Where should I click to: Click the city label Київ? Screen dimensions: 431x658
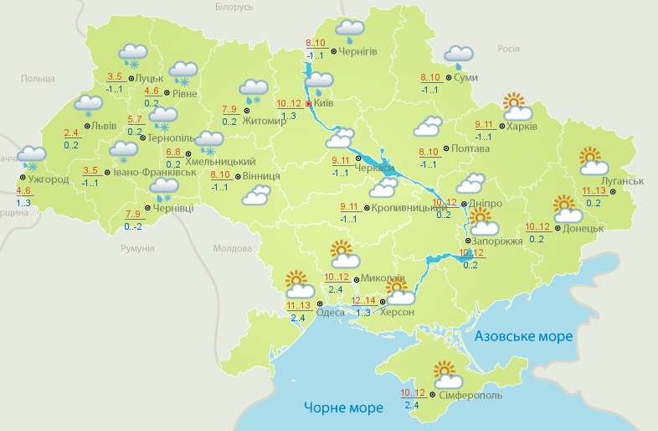point(324,104)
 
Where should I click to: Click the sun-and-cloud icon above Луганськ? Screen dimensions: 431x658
point(593,162)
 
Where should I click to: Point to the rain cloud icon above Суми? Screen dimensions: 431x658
point(459,56)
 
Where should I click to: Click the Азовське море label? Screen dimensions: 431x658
point(523,336)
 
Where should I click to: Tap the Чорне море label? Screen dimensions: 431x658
point(343,408)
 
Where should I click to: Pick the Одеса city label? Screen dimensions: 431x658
point(331,314)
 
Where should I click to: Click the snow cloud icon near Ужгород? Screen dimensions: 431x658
point(33,157)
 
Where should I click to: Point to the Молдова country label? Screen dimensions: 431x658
point(232,249)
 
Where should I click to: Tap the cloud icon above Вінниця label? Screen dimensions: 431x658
point(255,195)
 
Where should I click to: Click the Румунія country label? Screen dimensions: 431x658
point(137,249)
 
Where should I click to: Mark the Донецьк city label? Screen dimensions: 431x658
point(583,228)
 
